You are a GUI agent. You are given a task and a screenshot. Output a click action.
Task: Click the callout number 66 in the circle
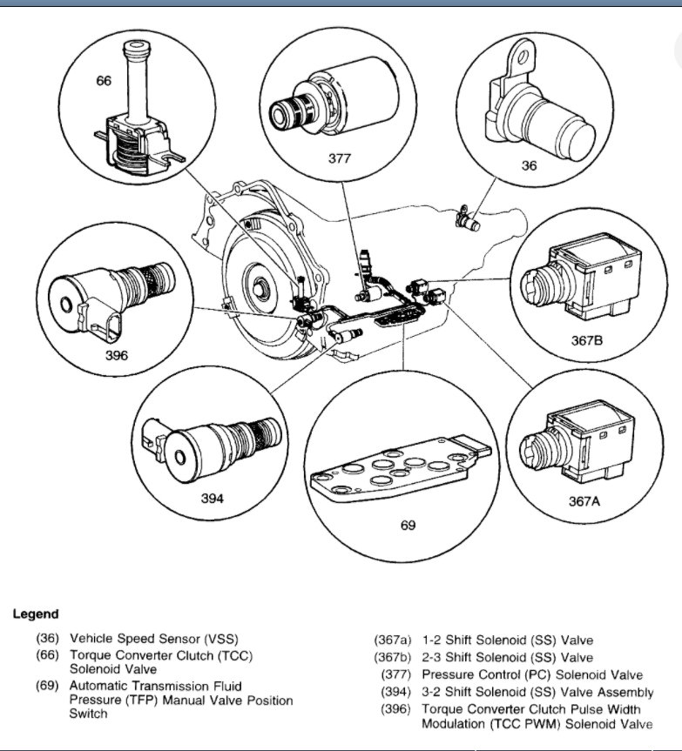tap(104, 81)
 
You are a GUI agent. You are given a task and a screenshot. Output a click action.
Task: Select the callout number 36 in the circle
tap(529, 165)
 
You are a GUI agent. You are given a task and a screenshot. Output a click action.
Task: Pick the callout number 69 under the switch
tap(408, 525)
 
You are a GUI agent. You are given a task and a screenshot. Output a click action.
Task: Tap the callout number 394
tap(213, 498)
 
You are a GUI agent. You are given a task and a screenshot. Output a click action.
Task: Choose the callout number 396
tap(116, 355)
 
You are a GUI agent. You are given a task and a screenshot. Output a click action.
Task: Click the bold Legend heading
tap(36, 614)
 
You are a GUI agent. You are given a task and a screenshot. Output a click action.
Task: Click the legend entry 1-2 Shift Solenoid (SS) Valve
tap(507, 640)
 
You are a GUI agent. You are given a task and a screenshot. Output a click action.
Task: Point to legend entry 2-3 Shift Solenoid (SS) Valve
tap(507, 657)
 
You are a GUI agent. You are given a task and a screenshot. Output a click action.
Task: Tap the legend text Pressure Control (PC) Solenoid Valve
tap(532, 674)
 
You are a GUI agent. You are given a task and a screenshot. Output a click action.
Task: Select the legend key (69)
tap(47, 687)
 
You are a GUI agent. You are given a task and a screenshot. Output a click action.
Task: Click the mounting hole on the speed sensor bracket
tap(522, 58)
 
